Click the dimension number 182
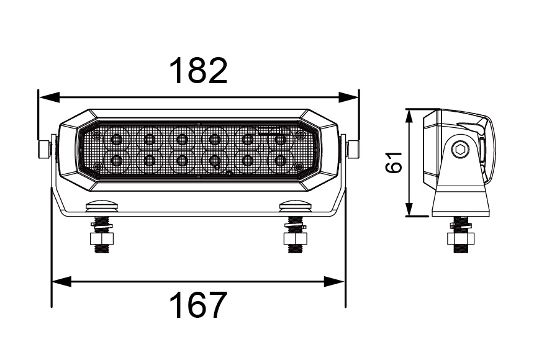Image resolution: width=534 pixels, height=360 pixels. [199, 71]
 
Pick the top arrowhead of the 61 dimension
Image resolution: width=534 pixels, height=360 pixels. [409, 115]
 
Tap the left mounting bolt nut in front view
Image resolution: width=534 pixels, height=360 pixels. [101, 238]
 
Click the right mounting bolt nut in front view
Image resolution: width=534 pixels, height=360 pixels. [294, 238]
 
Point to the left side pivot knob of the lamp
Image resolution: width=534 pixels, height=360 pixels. [43, 149]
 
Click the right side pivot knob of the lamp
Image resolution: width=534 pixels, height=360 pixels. [353, 149]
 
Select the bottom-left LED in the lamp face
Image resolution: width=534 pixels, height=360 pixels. [116, 161]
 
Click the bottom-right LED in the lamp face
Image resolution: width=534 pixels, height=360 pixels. [280, 161]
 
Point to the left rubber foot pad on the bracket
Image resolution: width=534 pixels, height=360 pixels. [101, 205]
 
